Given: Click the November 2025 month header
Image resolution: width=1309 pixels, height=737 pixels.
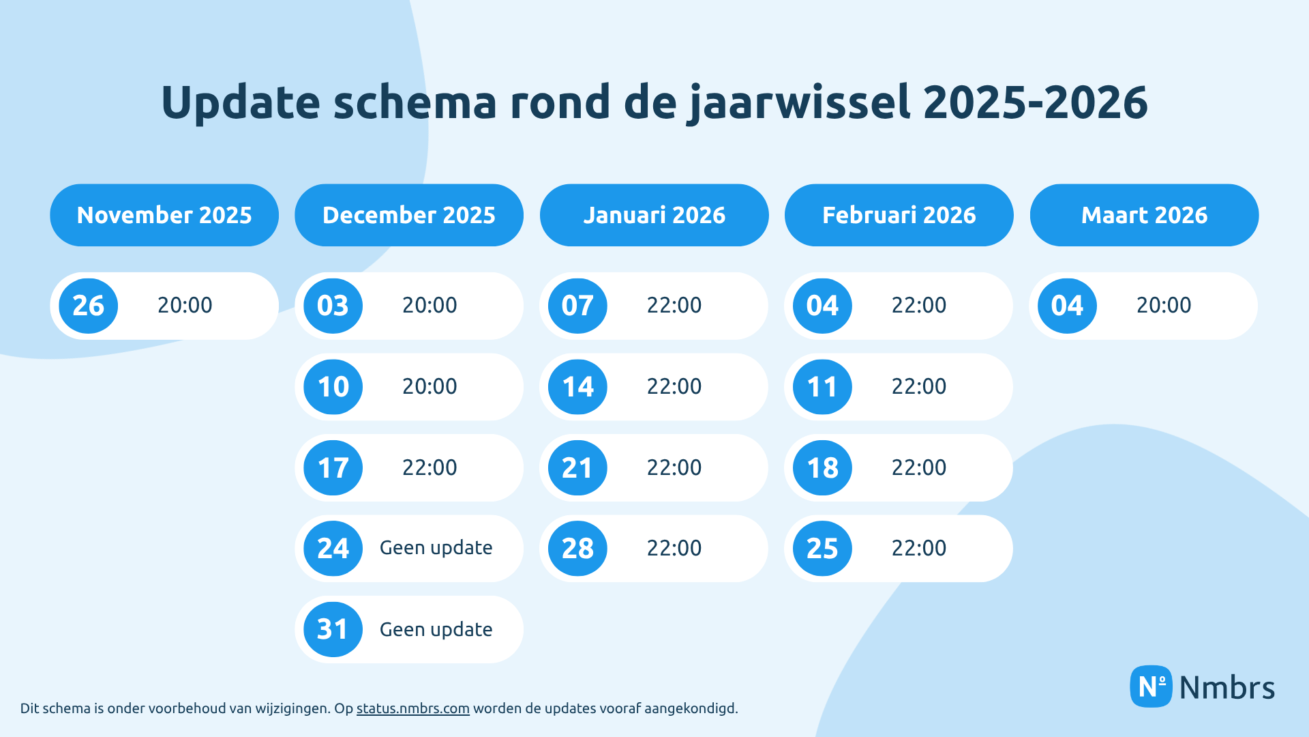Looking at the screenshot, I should tap(164, 215).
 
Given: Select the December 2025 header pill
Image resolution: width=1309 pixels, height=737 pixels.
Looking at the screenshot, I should tap(409, 215).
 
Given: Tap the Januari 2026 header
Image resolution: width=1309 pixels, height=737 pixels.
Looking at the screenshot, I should tap(654, 215).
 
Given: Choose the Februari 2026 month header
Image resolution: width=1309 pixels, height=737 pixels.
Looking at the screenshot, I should tap(899, 215).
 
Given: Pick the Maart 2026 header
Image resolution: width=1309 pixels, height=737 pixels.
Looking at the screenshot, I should tap(1144, 215).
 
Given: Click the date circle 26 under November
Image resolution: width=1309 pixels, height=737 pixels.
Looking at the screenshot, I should tap(89, 306).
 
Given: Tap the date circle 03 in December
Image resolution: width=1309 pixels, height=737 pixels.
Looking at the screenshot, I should tap(333, 306).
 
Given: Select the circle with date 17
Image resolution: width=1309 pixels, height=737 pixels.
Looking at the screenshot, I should tap(333, 468).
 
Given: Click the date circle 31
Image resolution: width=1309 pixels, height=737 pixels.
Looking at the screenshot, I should tap(333, 629).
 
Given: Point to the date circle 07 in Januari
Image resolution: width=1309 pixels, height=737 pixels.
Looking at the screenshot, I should tap(577, 306).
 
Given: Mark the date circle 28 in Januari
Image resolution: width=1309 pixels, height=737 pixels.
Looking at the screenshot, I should tap(577, 549).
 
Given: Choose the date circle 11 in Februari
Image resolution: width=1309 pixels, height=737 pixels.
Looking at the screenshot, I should tap(822, 387).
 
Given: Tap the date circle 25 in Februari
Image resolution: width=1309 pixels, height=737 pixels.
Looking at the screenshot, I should tap(822, 549).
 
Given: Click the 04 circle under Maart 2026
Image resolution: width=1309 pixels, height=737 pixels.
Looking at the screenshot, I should tap(1067, 306).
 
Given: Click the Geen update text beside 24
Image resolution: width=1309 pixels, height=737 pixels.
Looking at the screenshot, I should tap(436, 548).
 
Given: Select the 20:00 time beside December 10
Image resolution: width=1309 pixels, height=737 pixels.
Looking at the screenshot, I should tap(430, 386).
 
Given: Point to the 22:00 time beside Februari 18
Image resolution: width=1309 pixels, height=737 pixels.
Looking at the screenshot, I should tap(919, 467).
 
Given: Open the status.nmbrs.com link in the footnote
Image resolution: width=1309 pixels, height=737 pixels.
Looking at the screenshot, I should tap(412, 708).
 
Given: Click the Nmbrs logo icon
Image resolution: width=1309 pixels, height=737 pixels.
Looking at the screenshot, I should tap(1151, 687).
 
